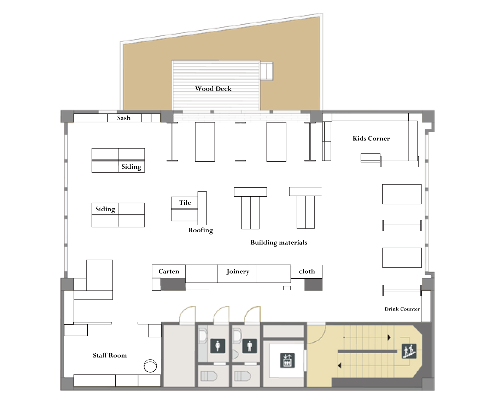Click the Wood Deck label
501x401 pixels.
pos(213,89)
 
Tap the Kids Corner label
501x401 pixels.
pos(371,139)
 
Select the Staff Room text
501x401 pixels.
pos(110,355)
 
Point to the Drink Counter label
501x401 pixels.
pos(402,309)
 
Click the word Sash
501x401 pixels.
pos(124,118)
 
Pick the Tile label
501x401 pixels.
pos(185,203)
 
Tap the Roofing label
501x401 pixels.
pos(200,230)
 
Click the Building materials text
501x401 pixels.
pos(279,243)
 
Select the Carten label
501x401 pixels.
pos(169,272)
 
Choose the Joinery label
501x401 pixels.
pos(238,272)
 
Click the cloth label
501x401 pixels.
pos(307,272)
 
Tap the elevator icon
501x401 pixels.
pos(287,361)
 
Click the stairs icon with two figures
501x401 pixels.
pos(409,351)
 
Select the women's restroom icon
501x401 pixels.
pos(218,346)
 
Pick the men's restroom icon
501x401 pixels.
pos(250,346)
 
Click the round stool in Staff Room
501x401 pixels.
pos(150,366)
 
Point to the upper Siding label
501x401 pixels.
pos(131,167)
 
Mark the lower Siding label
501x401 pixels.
pos(105,209)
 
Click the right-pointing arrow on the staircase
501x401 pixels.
pos(389,337)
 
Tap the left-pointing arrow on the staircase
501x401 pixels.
pos(340,365)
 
